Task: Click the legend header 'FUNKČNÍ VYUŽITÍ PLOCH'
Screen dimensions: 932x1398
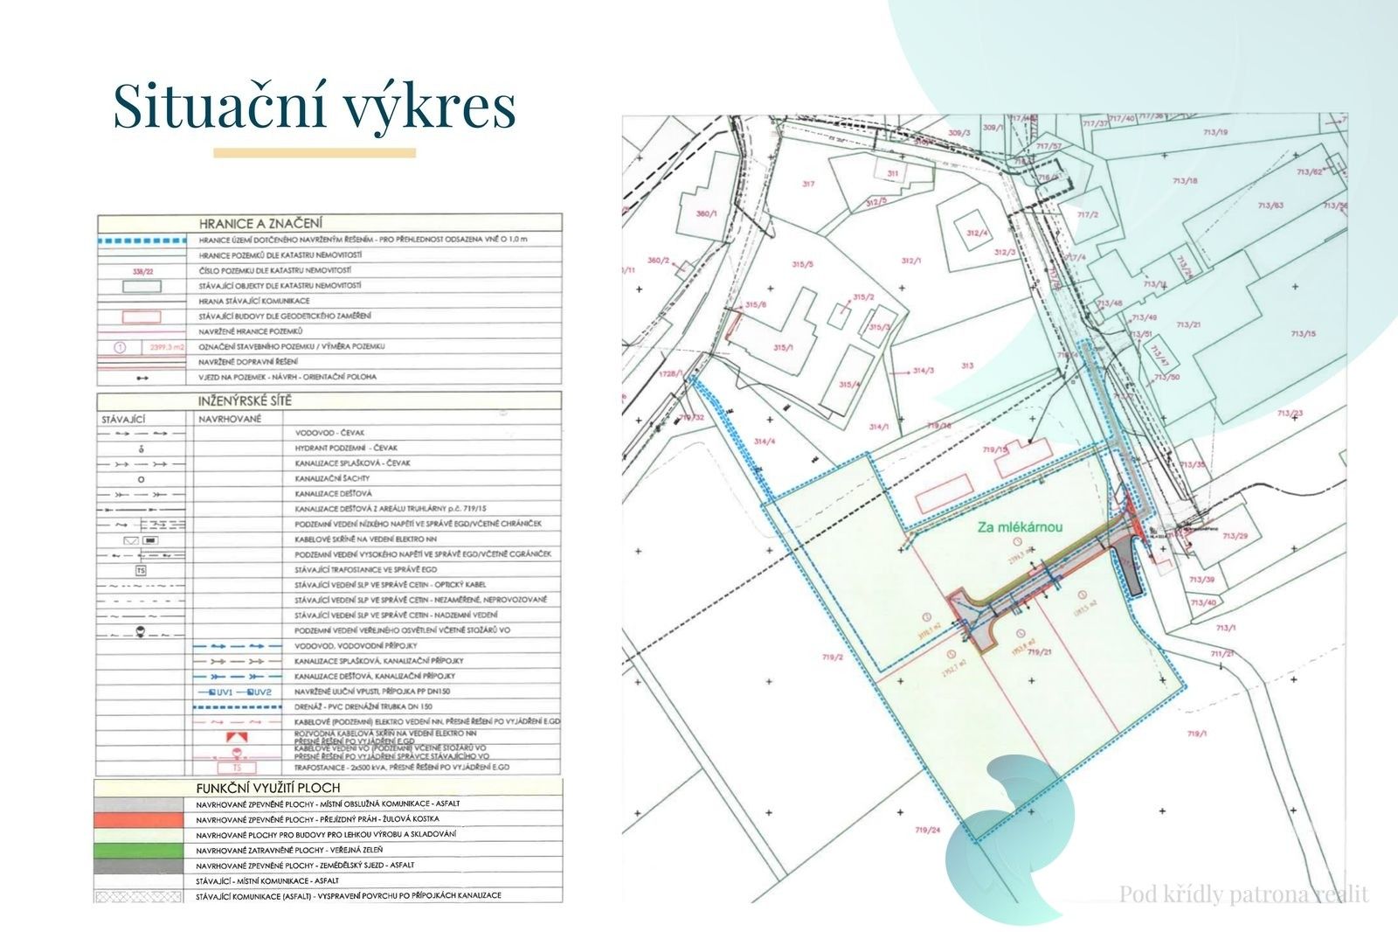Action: coord(267,788)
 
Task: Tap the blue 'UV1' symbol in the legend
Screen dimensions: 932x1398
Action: coord(216,692)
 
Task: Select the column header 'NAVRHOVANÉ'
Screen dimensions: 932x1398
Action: coord(229,418)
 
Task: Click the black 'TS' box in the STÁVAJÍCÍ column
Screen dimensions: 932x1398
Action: coord(141,570)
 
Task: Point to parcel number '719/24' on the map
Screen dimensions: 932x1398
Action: coord(927,830)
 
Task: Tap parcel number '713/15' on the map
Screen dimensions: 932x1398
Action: coord(1302,334)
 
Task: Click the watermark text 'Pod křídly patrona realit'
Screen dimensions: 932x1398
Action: coord(1243,894)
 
